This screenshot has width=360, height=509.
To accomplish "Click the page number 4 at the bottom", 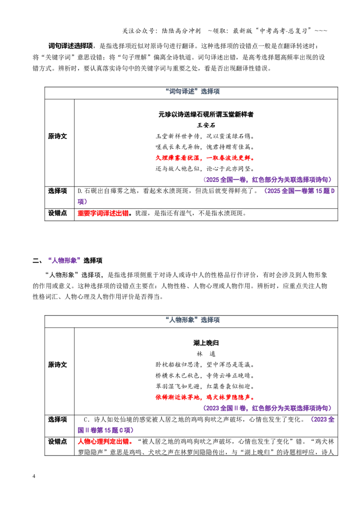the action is coord(34,476).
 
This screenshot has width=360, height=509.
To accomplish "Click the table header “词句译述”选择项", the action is coord(192,92).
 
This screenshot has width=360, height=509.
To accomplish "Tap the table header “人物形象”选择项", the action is coord(192,320).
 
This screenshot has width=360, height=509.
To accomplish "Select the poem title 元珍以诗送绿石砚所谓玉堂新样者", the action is coord(206,114).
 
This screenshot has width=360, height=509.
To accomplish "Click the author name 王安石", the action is coord(206,125).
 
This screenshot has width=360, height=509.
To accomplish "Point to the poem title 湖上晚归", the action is coord(206,343).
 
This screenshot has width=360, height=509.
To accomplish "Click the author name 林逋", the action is coord(206,354).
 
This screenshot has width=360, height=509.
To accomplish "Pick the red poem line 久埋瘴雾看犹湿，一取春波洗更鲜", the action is coord(205,158).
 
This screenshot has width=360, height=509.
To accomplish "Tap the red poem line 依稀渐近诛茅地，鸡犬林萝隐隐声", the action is coord(205,397).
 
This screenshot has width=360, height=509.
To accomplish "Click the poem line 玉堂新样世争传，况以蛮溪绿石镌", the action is coord(205,136).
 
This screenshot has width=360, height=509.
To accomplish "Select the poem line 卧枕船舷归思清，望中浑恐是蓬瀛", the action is coord(205,365).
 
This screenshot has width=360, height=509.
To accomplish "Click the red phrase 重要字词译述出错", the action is coord(103,213).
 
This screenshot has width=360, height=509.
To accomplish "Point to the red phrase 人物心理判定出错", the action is coord(103,442).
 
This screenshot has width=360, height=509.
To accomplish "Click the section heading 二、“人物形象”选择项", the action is coord(67,260).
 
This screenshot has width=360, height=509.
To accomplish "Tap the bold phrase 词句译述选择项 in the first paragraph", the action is coord(71,46).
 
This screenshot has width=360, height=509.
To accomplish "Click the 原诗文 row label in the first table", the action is coord(58,136).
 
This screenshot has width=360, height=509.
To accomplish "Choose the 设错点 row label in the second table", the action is coord(58,442).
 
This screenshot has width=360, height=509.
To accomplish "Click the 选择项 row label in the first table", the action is coord(58,191).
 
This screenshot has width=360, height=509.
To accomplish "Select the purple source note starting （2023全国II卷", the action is coord(268,408).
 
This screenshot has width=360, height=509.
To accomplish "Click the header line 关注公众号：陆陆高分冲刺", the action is coord(162,31).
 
